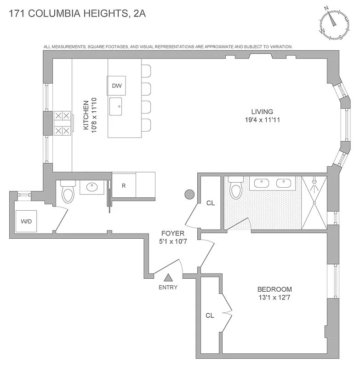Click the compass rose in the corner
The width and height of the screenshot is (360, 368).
335,23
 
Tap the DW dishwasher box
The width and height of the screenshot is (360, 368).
116,86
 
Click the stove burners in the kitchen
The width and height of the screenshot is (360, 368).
63,124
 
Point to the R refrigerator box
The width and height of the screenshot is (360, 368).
123,186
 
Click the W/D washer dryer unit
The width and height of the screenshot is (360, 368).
26,221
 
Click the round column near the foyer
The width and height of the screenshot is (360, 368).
189,195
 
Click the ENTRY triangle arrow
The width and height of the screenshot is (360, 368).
168,277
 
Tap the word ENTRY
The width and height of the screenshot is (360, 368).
168,287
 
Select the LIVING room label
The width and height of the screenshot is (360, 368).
262,111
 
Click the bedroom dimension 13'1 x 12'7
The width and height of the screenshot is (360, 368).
274,297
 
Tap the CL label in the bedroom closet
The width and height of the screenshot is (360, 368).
210,316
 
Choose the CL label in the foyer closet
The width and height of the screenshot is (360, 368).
211,202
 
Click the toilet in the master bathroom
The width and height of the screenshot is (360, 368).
236,189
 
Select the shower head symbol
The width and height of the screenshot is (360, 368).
314,182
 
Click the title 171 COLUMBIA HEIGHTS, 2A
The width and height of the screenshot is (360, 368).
77,13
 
